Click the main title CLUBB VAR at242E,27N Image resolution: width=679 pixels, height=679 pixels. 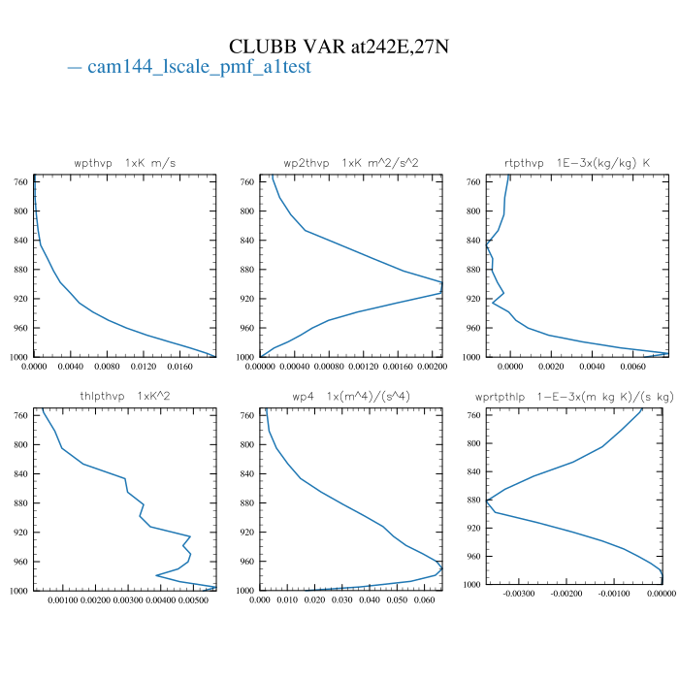(x=339, y=47)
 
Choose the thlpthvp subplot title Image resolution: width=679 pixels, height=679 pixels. (x=125, y=396)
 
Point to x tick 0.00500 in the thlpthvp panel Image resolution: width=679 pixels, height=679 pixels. (x=195, y=600)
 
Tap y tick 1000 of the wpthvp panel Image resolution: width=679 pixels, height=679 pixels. (x=18, y=358)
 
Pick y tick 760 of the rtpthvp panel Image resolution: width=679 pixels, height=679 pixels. (x=474, y=181)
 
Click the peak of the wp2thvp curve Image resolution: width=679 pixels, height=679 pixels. (x=442, y=288)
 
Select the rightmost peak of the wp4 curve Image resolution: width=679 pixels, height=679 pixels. (x=442, y=567)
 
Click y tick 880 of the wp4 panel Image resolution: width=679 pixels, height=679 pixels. (x=246, y=503)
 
